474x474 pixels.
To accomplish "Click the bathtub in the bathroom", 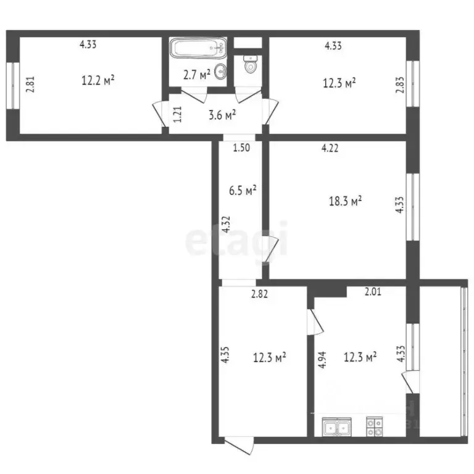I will [x=198, y=48].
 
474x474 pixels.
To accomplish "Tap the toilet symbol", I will [x=251, y=64].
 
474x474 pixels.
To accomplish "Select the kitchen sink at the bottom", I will [x=337, y=426].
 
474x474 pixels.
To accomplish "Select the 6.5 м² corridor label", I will [x=243, y=191].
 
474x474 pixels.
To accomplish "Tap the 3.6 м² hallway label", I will [x=222, y=114].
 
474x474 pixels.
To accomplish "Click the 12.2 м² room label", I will [x=98, y=80].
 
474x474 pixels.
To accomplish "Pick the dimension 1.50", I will [x=241, y=148].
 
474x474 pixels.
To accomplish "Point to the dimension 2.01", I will [x=373, y=292].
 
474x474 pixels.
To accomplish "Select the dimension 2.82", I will [x=259, y=294].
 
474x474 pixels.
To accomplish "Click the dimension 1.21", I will [x=177, y=114].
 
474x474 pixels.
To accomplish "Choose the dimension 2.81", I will [x=30, y=84].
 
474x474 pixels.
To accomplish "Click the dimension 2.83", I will [x=399, y=84].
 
